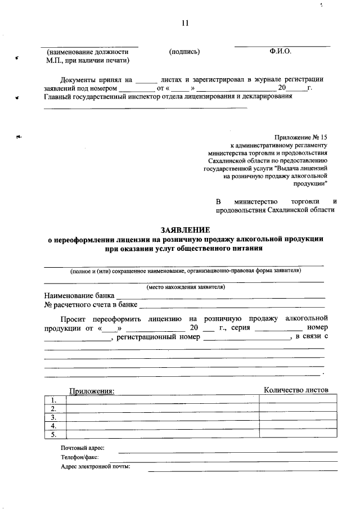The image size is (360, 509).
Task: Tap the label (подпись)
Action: (184, 52)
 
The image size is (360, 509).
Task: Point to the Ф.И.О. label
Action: (281, 51)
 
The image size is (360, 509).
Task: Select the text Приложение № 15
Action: (301, 137)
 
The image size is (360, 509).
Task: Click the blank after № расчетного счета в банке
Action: (232, 306)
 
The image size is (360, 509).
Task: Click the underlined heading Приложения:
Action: (92, 390)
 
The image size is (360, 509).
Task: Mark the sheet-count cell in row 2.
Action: (298, 408)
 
